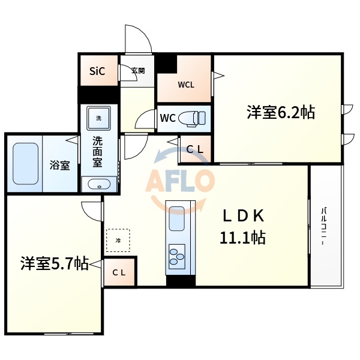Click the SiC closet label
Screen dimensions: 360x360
pyautogui.click(x=97, y=71)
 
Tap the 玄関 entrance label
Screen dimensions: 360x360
pyautogui.click(x=138, y=71)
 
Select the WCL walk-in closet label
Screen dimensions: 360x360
pyautogui.click(x=185, y=85)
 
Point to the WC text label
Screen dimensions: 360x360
pyautogui.click(x=167, y=118)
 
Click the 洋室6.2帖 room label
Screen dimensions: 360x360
pyautogui.click(x=280, y=112)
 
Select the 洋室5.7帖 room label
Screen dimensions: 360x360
pyautogui.click(x=54, y=263)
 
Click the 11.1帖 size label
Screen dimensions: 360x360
pyautogui.click(x=243, y=238)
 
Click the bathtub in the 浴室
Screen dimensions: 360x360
pyautogui.click(x=25, y=163)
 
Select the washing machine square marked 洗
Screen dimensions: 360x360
pyautogui.click(x=98, y=118)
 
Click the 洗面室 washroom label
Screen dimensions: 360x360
pyautogui.click(x=97, y=152)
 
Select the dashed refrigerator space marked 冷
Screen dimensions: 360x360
pyautogui.click(x=118, y=240)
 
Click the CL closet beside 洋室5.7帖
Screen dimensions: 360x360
pyautogui.click(x=119, y=272)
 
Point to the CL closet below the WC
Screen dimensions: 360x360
pyautogui.click(x=194, y=149)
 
